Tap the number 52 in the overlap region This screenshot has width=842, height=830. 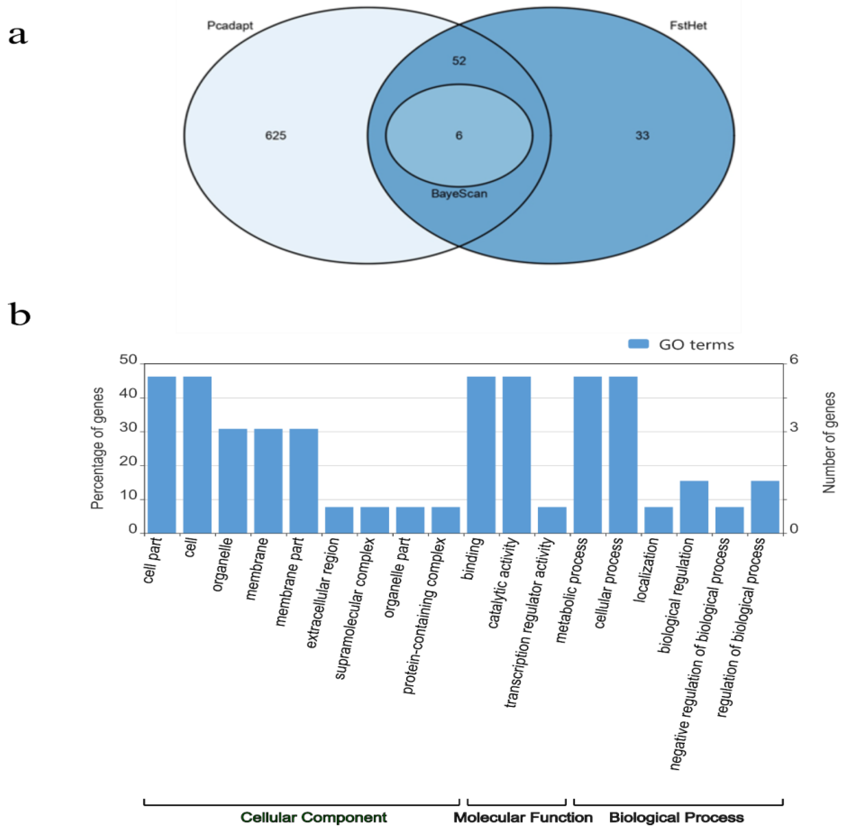[x=459, y=61]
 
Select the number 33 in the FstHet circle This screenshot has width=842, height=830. [x=642, y=135]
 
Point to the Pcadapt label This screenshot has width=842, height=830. [x=230, y=26]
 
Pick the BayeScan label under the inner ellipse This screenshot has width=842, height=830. [x=459, y=194]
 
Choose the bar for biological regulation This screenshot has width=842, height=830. [x=694, y=507]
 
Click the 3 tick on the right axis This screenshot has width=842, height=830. [x=793, y=427]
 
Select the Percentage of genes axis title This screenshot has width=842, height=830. [x=97, y=448]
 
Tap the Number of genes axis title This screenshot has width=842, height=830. [x=828, y=442]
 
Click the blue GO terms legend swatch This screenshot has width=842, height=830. [x=638, y=344]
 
